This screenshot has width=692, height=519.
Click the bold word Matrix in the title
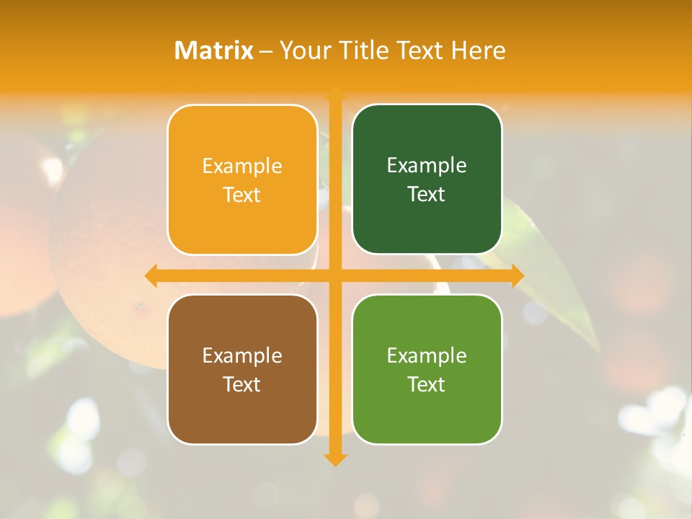[x=214, y=50]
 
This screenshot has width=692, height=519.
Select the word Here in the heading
[x=479, y=50]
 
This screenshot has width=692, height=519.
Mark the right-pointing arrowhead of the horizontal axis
[x=518, y=275]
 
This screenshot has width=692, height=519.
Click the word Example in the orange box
[x=242, y=167]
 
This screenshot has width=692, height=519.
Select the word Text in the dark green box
[x=427, y=195]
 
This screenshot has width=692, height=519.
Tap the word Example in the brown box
[x=242, y=356]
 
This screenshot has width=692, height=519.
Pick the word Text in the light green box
[x=427, y=385]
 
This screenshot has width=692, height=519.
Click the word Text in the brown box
[x=242, y=385]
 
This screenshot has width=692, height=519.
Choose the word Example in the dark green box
[x=427, y=166]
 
